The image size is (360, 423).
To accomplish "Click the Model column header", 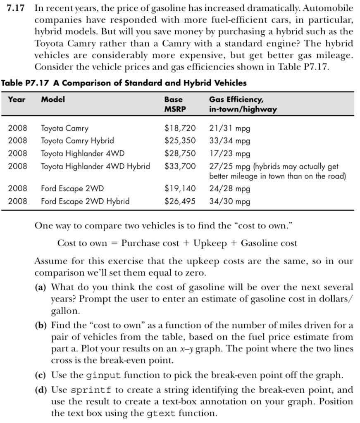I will (x=53, y=100).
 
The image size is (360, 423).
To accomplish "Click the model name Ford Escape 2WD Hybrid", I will (x=85, y=201).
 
